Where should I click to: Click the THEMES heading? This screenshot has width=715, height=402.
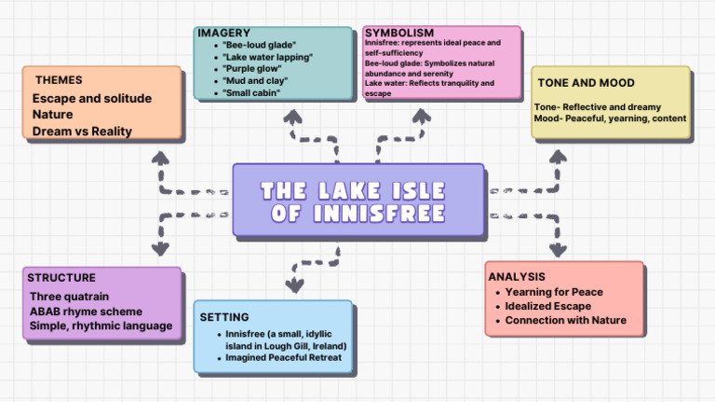coord(59,80)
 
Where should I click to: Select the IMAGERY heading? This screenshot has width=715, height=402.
coord(224,34)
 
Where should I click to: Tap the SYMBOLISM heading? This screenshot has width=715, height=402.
coord(399,33)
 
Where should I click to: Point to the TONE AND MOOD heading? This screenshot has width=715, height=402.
coord(586,83)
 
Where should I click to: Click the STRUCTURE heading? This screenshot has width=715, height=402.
coord(61,277)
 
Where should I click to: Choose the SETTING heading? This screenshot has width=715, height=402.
coord(223,317)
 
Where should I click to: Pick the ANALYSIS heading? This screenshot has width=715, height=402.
coord(517,277)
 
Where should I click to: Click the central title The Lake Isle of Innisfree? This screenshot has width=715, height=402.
coord(357,201)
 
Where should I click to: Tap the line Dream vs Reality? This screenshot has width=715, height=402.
coord(82,132)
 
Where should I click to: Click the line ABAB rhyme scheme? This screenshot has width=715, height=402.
coord(86,311)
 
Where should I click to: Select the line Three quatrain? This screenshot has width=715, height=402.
coord(69,297)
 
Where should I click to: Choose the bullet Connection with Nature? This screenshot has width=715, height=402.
coord(565,320)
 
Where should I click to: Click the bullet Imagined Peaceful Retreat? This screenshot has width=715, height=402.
coord(283,357)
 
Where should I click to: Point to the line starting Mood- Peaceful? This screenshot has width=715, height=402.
coord(610,118)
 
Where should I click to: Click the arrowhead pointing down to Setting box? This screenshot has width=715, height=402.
coord(295,284)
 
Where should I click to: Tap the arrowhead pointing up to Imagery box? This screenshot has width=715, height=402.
coord(292,117)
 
